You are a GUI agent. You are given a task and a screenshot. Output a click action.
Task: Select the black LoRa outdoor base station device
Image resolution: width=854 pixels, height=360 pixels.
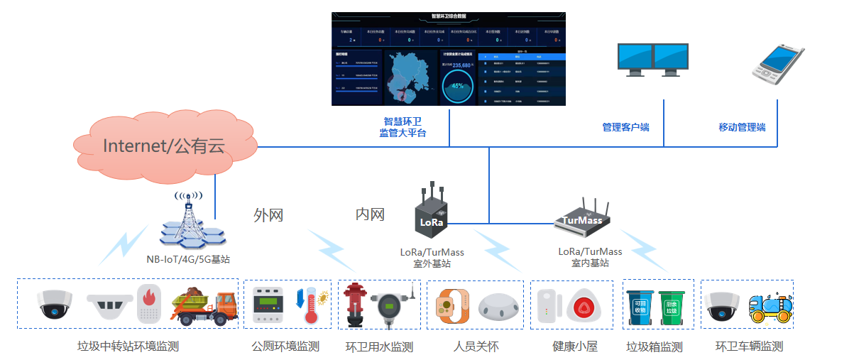[x=432, y=217]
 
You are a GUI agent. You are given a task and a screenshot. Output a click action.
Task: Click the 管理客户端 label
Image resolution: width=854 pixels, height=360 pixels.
[x=625, y=128]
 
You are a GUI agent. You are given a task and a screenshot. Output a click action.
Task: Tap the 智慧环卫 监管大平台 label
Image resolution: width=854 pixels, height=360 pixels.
[x=403, y=127]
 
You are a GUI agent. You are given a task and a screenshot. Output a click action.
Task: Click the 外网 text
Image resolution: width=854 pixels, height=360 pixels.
[x=268, y=215]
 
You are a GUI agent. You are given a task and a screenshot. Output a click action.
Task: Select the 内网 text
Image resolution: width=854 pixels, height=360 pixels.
[x=370, y=214]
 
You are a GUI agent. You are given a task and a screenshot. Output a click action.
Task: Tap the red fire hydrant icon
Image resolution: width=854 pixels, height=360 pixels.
[x=354, y=305]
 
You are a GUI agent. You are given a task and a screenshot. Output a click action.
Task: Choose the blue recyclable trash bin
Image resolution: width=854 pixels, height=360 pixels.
[x=640, y=307]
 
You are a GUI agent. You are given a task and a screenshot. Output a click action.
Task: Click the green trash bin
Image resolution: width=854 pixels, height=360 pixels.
[x=672, y=307]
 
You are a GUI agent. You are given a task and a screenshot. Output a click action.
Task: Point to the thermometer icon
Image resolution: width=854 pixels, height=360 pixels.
[x=310, y=306]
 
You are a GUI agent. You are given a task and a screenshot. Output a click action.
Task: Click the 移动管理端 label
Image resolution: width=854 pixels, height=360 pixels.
[x=742, y=128]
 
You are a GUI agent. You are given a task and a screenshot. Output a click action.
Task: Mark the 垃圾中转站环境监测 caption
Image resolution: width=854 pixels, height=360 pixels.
[x=128, y=347]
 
